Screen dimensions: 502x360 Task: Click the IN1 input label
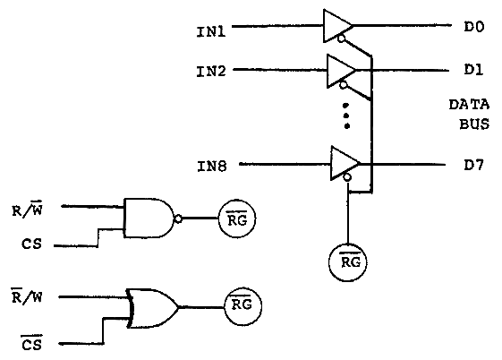click(211, 31)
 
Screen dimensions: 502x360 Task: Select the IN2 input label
click(211, 71)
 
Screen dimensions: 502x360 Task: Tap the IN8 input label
click(211, 167)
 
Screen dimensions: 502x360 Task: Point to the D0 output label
click(474, 27)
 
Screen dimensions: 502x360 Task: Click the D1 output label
click(473, 70)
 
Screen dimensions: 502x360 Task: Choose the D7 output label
click(474, 165)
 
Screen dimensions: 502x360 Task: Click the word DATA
click(469, 105)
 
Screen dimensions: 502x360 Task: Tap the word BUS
click(474, 124)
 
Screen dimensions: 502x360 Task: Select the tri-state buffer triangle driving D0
click(337, 26)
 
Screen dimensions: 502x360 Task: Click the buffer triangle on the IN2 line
click(341, 71)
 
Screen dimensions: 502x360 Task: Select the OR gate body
click(152, 308)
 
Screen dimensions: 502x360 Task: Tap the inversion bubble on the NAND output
click(178, 219)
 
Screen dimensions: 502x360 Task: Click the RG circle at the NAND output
click(237, 219)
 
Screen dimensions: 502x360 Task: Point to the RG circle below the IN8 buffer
click(348, 262)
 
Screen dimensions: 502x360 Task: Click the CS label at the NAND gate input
click(31, 244)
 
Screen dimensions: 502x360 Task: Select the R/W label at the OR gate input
click(27, 296)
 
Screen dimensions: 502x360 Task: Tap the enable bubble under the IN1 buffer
click(342, 39)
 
